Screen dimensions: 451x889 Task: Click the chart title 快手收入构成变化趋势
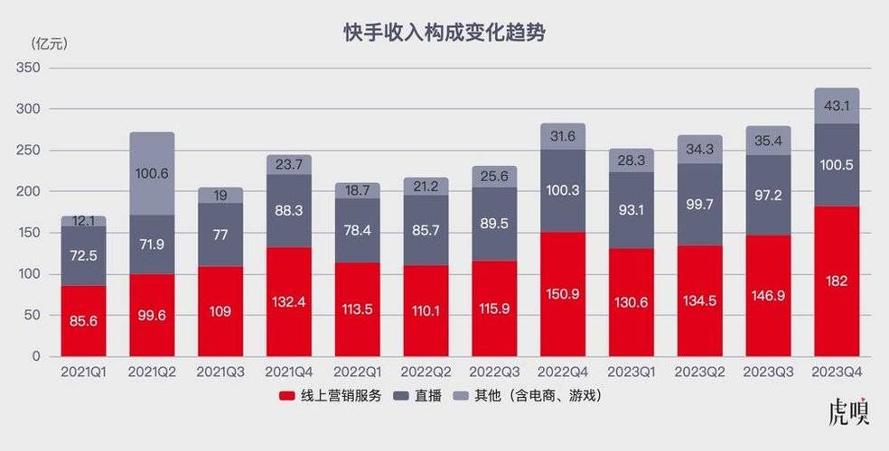(x=444, y=33)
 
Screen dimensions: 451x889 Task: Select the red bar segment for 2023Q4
(x=837, y=281)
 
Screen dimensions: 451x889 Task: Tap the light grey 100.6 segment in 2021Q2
(x=152, y=174)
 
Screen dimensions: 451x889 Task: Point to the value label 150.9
(x=562, y=294)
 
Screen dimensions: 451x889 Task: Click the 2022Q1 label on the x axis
(x=357, y=372)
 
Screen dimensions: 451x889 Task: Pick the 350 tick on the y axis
(x=28, y=68)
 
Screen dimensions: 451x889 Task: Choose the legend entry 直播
(x=420, y=396)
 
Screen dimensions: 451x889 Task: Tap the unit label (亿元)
(x=49, y=43)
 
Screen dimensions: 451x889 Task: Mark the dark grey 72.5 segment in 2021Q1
(x=83, y=255)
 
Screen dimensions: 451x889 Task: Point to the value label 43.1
(x=837, y=106)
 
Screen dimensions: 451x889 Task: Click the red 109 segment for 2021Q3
(x=220, y=311)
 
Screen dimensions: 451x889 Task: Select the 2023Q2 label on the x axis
(x=699, y=372)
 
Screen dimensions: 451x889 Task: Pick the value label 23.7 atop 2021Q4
(x=289, y=164)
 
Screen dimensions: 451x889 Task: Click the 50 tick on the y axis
(x=33, y=315)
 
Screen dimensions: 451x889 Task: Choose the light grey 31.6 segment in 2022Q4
(x=562, y=136)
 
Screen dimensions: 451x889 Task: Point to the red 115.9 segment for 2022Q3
(x=493, y=308)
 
